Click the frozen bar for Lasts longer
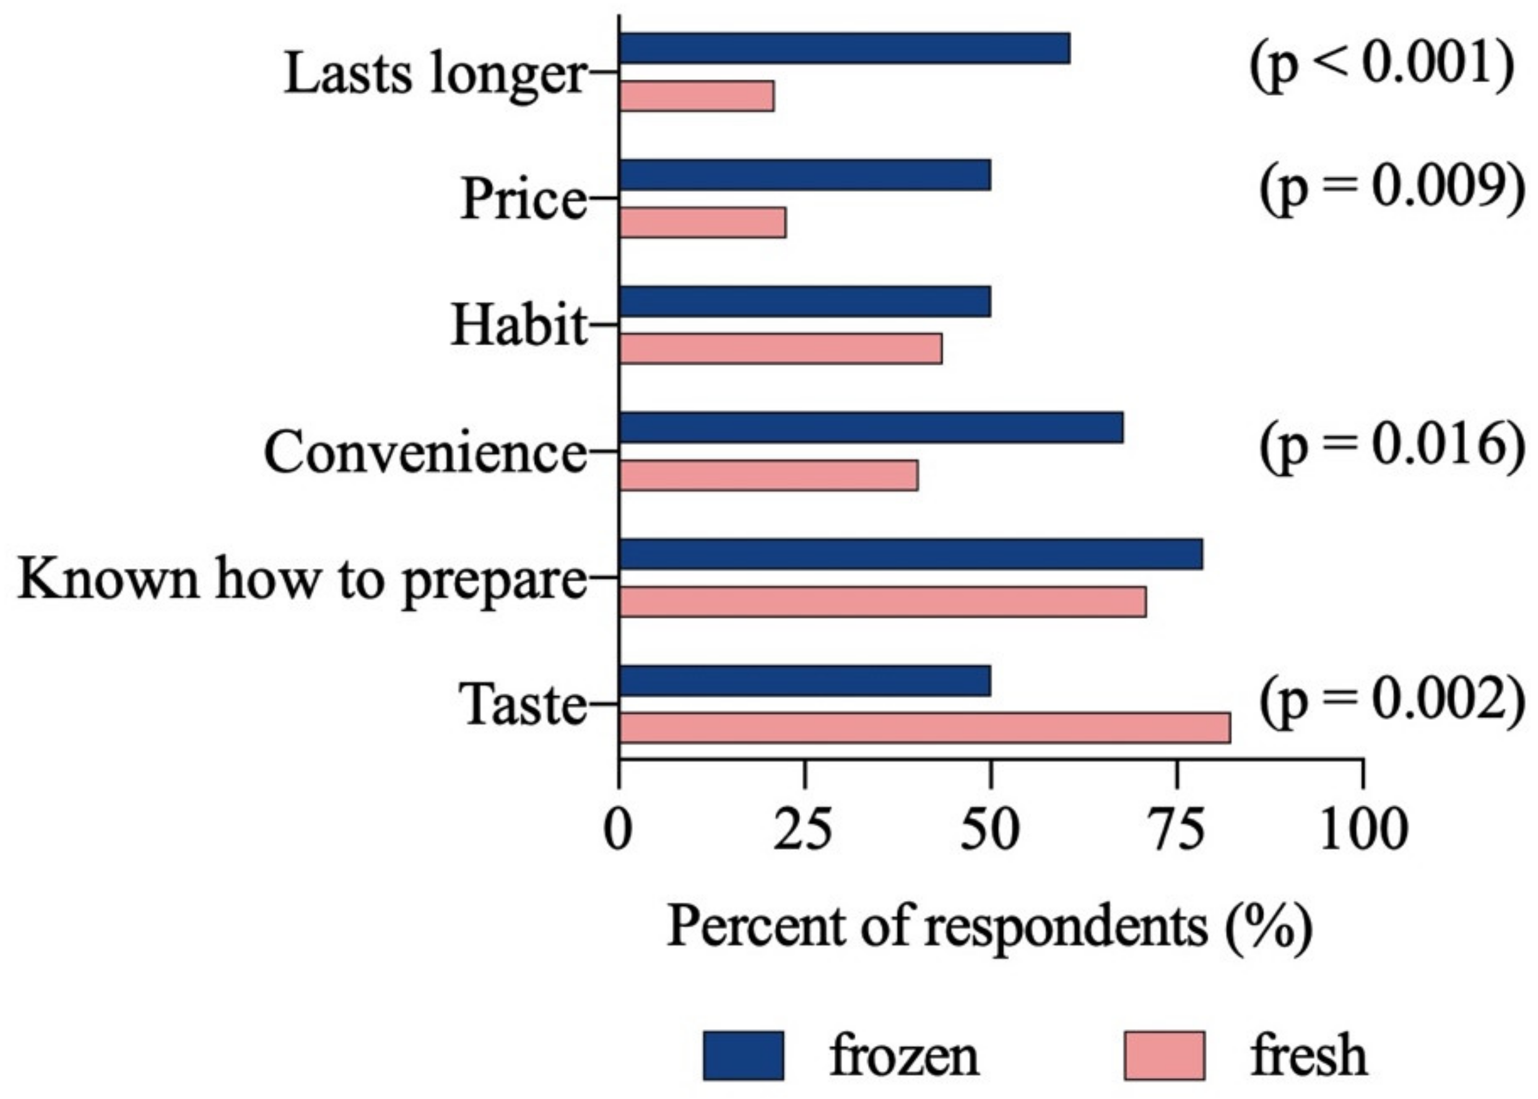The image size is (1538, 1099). [x=844, y=48]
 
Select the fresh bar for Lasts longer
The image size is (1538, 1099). [x=697, y=96]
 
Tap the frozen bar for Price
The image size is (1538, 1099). [x=805, y=175]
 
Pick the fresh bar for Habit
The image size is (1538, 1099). [x=781, y=348]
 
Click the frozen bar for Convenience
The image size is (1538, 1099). [x=871, y=428]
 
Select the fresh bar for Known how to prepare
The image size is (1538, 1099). [x=883, y=602]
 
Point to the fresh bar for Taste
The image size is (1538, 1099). [x=924, y=728]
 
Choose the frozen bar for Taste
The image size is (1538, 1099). [x=805, y=681]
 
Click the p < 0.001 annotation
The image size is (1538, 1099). [x=1381, y=67]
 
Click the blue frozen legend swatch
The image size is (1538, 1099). [x=743, y=1056]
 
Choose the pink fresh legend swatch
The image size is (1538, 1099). [x=1163, y=1056]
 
